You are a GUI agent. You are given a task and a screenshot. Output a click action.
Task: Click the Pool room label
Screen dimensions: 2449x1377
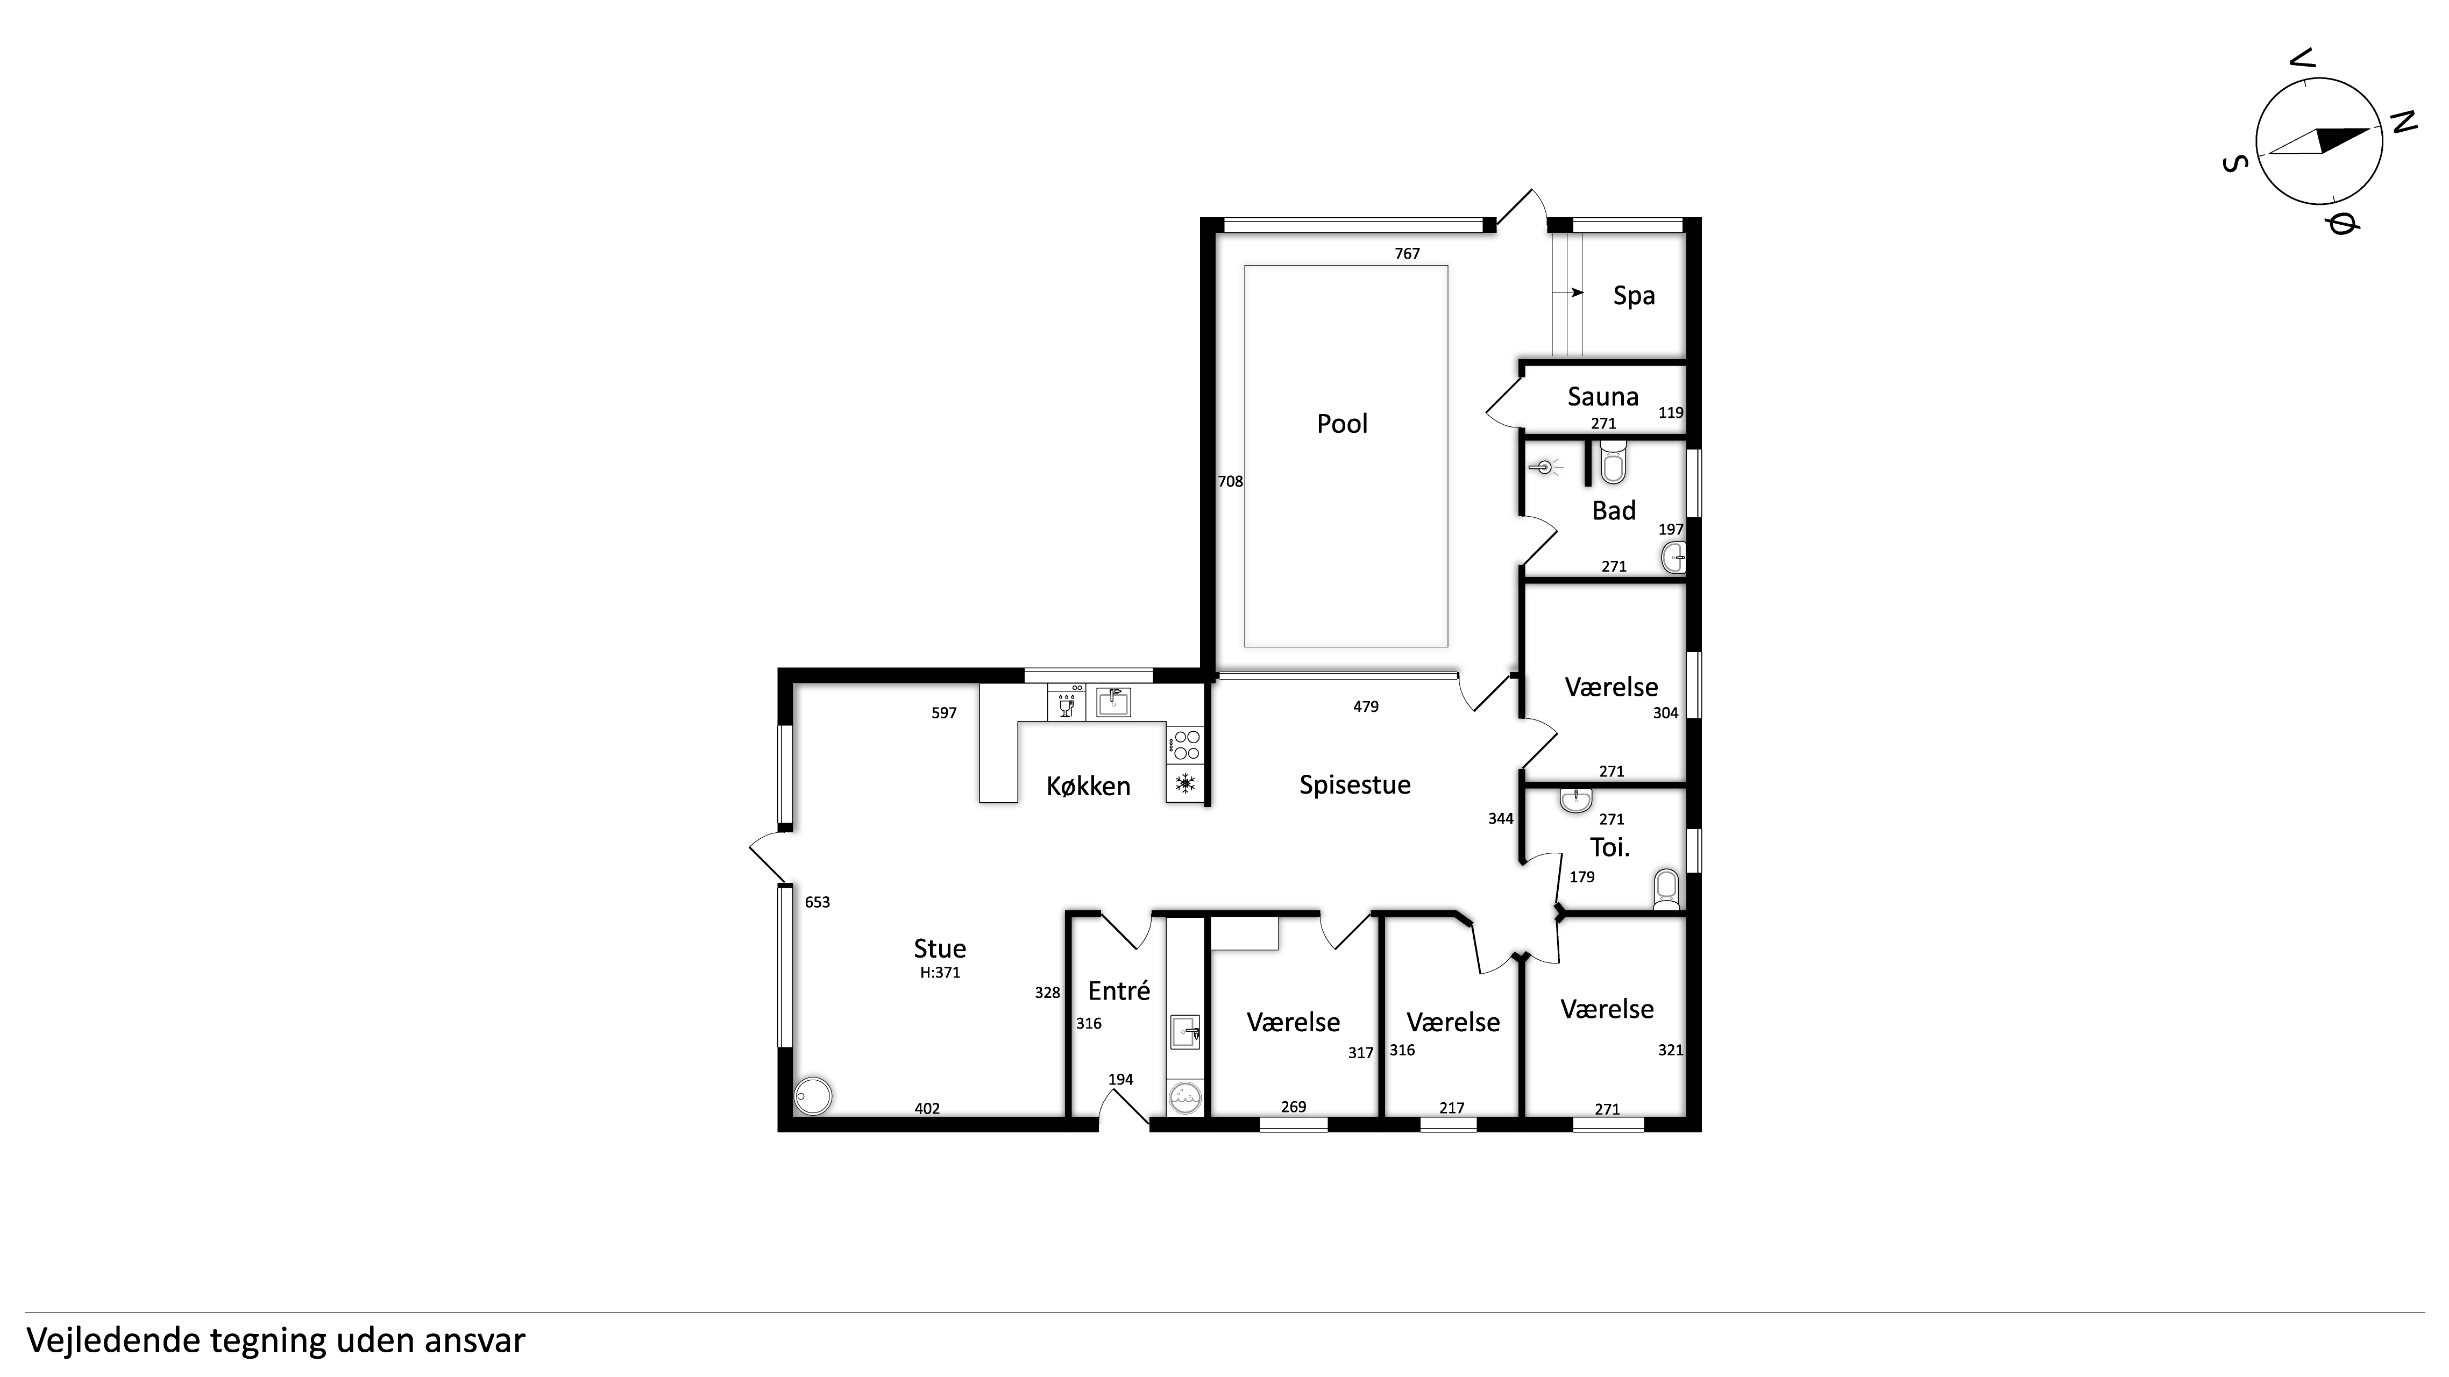pos(1341,424)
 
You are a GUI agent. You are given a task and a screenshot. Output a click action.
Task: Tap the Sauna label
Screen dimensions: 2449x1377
pos(1603,396)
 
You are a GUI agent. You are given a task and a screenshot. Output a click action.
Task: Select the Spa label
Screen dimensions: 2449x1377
pos(1634,296)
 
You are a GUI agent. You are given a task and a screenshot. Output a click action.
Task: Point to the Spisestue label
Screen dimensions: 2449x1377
pos(1355,785)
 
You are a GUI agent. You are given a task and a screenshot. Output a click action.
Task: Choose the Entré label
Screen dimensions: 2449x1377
pos(1119,991)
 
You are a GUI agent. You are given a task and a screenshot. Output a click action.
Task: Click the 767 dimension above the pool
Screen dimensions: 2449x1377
pos(1407,254)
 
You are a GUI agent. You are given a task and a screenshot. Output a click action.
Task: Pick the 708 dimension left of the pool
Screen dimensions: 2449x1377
pos(1230,482)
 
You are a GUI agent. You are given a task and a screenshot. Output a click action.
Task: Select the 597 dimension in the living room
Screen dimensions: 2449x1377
pos(944,713)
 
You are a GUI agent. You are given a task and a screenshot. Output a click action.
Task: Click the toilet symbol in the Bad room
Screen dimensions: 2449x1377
pos(1613,464)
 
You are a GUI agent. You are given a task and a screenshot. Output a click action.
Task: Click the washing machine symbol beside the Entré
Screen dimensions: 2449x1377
pos(1184,1097)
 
